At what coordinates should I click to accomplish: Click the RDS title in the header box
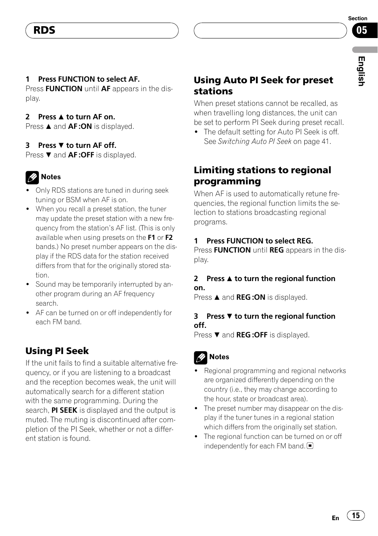click(x=44, y=31)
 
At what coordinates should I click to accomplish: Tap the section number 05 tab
click(x=362, y=31)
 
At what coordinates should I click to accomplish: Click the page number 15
click(x=356, y=515)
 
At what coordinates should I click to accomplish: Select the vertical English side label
click(x=361, y=71)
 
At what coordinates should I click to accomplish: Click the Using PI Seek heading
click(x=57, y=351)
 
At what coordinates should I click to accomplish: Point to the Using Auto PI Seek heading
click(x=263, y=86)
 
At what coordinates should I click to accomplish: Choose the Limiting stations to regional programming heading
click(x=262, y=176)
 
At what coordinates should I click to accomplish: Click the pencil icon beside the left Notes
click(x=32, y=178)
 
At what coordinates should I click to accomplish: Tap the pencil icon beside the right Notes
click(x=200, y=358)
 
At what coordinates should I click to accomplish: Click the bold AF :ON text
click(x=80, y=126)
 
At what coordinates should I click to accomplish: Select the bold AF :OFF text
click(x=81, y=155)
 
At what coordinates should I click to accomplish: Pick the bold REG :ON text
click(x=250, y=297)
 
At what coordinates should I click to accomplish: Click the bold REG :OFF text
click(x=252, y=335)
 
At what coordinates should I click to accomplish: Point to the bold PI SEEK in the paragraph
click(x=64, y=410)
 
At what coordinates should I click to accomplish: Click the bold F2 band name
click(x=169, y=237)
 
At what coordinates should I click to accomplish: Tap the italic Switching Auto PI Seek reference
click(x=254, y=142)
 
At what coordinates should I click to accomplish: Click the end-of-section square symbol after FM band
click(x=310, y=446)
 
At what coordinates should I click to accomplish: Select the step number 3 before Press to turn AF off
click(x=28, y=145)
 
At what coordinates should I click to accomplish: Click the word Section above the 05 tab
click(x=357, y=19)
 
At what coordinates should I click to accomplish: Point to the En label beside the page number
click(x=335, y=518)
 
